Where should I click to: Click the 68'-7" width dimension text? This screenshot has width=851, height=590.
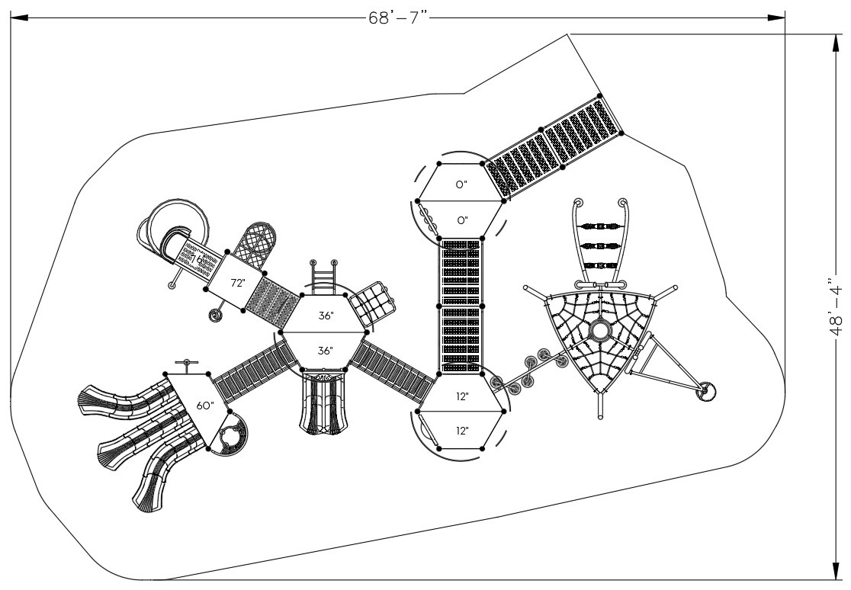[396, 18]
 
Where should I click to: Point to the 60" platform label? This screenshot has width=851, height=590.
[204, 406]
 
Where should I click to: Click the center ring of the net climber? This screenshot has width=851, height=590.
[599, 331]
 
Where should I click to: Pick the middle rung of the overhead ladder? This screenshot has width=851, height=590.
[601, 245]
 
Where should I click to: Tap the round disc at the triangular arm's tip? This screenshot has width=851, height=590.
[708, 392]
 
